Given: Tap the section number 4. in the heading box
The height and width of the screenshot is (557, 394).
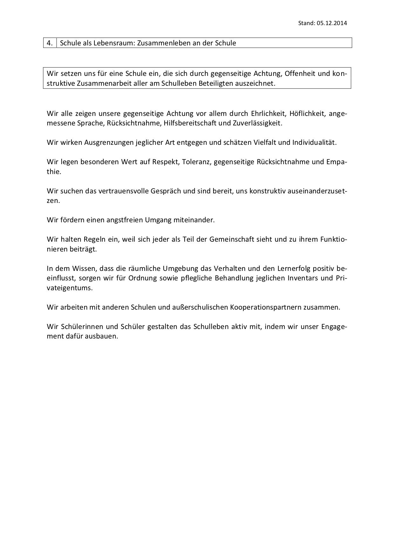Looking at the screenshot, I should coord(50,43).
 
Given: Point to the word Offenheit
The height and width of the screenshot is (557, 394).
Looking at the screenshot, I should coord(300,74).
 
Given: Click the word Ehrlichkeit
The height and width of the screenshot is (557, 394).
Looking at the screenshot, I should coord(268,113).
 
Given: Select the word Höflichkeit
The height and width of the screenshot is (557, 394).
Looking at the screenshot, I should coord(307,113).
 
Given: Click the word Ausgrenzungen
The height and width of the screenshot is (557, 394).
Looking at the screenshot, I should coord(109,142).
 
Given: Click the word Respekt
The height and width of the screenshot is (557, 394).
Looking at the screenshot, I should coord(166,162).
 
